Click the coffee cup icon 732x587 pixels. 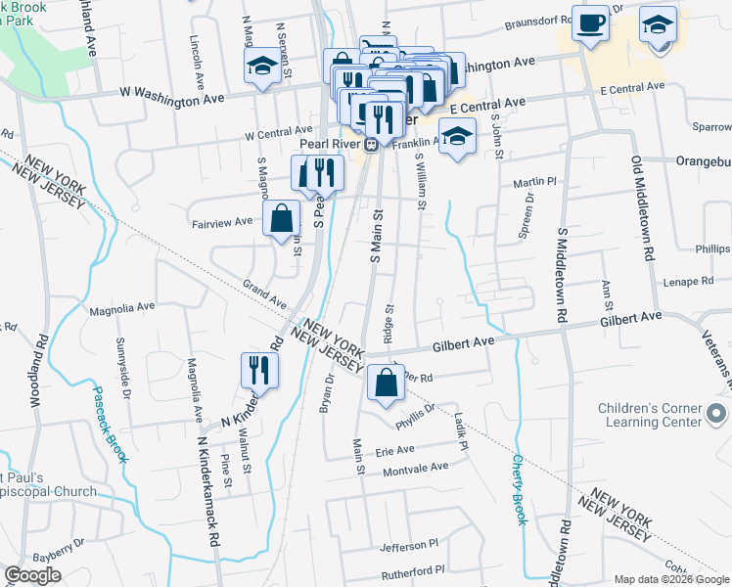590,23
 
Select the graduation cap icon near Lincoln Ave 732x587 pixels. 261,67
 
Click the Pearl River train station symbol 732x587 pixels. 372,144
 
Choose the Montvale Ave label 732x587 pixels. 415,468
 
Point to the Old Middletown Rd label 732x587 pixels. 647,205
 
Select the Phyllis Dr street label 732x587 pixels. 414,415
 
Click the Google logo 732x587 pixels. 32,575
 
